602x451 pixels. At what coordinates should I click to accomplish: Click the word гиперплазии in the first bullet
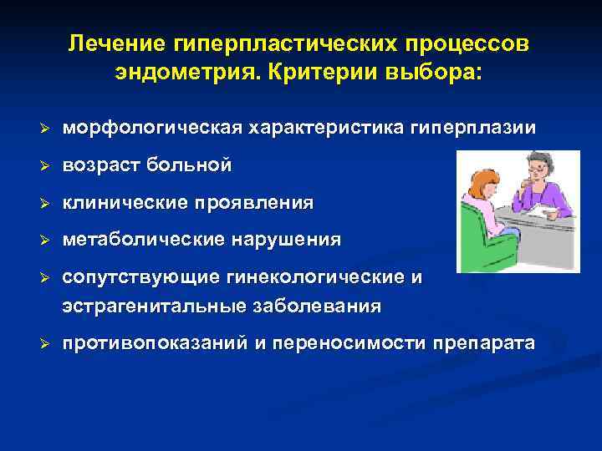click(x=474, y=129)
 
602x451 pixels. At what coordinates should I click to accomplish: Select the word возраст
click(x=101, y=165)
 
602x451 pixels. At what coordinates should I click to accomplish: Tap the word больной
click(x=190, y=165)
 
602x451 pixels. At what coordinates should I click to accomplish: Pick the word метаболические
click(x=139, y=240)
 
